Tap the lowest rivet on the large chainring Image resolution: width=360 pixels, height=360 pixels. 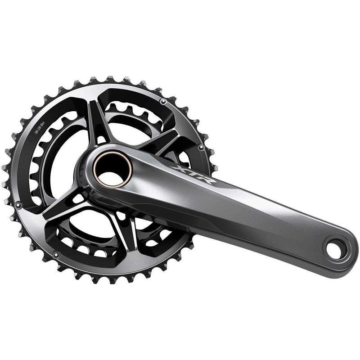[56, 255]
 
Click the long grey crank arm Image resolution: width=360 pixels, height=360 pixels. [252, 211]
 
